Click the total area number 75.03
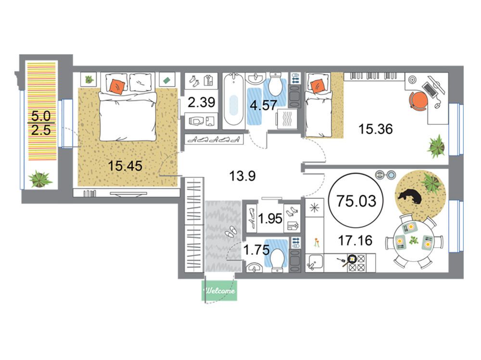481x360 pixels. (x=356, y=201)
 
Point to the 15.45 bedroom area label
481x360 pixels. (x=125, y=166)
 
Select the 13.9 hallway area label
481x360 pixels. (x=242, y=176)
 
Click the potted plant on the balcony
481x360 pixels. (x=39, y=179)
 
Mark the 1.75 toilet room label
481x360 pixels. (x=256, y=249)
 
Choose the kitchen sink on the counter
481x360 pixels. (x=315, y=262)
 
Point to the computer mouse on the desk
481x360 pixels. (x=437, y=105)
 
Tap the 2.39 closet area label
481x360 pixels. (x=201, y=102)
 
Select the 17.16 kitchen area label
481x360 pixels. (x=355, y=240)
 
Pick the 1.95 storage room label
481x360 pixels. (x=270, y=219)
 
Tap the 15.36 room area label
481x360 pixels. (x=376, y=129)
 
